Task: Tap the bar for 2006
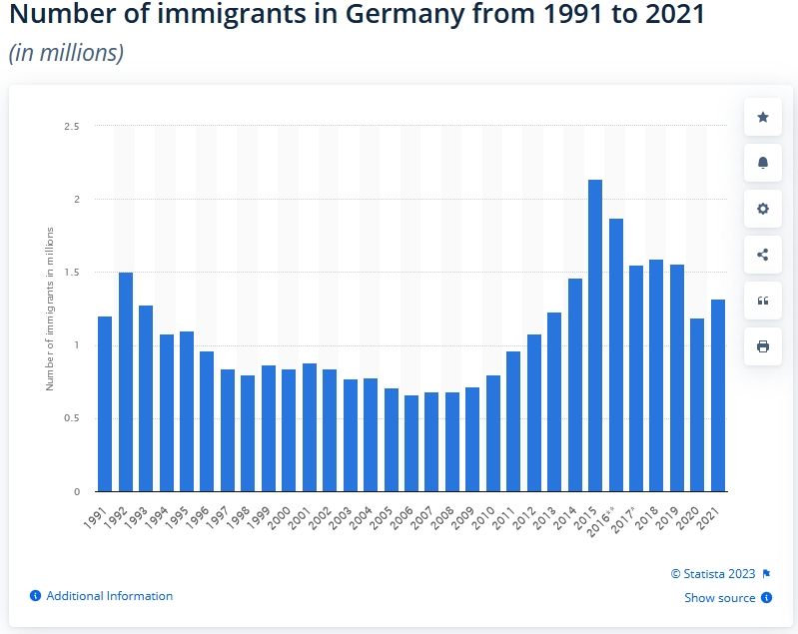410,443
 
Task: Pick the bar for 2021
717,395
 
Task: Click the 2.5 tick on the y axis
72,127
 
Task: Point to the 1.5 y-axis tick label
72,273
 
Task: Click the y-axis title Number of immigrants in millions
50,309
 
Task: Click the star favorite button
763,117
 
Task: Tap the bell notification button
763,163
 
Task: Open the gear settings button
763,209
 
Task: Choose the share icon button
763,255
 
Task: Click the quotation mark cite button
763,301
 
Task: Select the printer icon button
763,346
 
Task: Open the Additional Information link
109,596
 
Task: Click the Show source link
719,598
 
